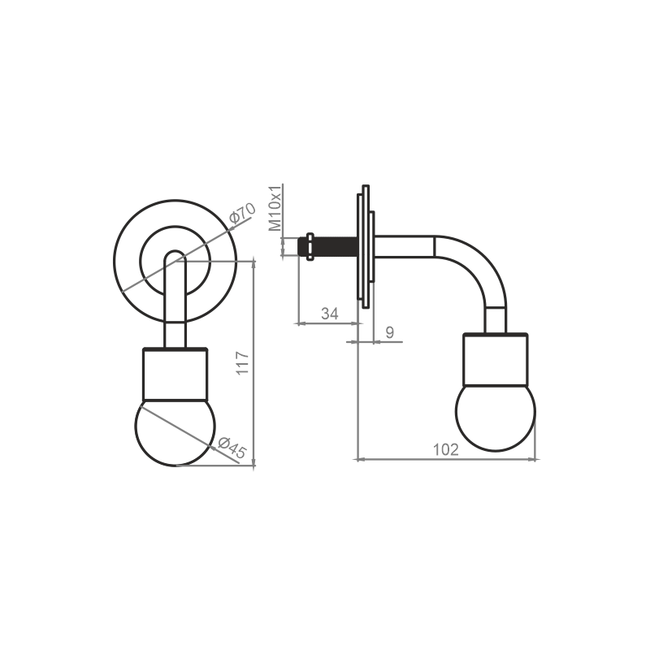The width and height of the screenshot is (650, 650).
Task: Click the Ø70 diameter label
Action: [242, 213]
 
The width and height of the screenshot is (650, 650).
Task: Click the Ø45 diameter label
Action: [232, 448]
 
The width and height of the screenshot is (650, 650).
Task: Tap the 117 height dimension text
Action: [242, 363]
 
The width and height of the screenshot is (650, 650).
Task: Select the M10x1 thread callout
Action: [275, 207]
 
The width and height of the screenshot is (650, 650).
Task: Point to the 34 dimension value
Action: [330, 314]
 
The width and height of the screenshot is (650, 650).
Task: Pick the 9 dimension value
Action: [390, 332]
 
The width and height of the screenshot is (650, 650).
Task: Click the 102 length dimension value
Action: [445, 450]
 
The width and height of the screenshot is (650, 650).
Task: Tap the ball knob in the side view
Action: [496, 417]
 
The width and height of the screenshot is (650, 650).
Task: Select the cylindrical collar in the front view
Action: [175, 375]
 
